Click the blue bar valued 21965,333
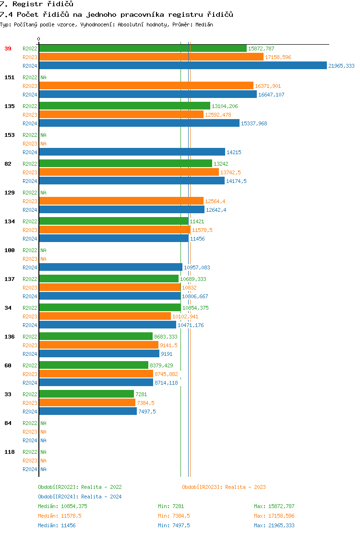[182, 66]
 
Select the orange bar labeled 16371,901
[146, 86]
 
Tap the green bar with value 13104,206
[124, 106]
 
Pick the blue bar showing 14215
[132, 152]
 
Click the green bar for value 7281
[86, 394]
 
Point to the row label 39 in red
[8, 49]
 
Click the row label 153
[10, 135]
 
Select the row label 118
[10, 452]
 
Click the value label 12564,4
[215, 201]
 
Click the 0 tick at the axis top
[39, 39]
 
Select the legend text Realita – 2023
[245, 487]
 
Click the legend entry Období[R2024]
[58, 497]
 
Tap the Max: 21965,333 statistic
[274, 525]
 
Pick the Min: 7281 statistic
[171, 506]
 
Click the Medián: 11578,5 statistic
[60, 516]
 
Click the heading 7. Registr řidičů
[36, 4]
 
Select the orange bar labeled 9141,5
[98, 345]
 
